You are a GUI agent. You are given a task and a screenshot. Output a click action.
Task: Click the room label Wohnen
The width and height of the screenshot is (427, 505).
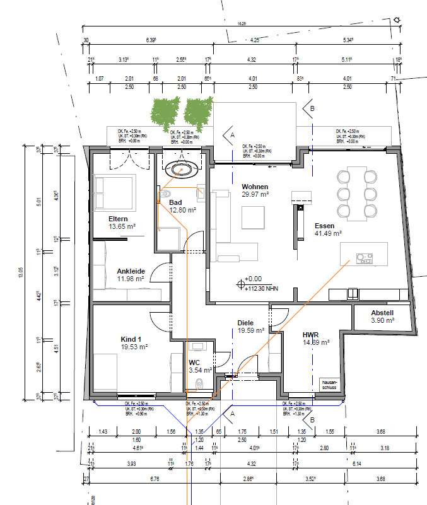coord(255,187)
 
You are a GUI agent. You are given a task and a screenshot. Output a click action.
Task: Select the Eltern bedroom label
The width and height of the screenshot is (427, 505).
coord(119,218)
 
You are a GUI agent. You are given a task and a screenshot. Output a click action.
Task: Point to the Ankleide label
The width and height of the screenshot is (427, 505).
coord(131,272)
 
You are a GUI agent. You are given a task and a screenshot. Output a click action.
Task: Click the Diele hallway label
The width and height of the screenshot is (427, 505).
coord(245,323)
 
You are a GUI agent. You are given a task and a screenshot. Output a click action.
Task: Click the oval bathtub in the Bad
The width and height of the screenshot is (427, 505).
coord(181,170)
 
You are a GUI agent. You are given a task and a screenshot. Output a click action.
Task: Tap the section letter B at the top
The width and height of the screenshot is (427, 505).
coord(310,108)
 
